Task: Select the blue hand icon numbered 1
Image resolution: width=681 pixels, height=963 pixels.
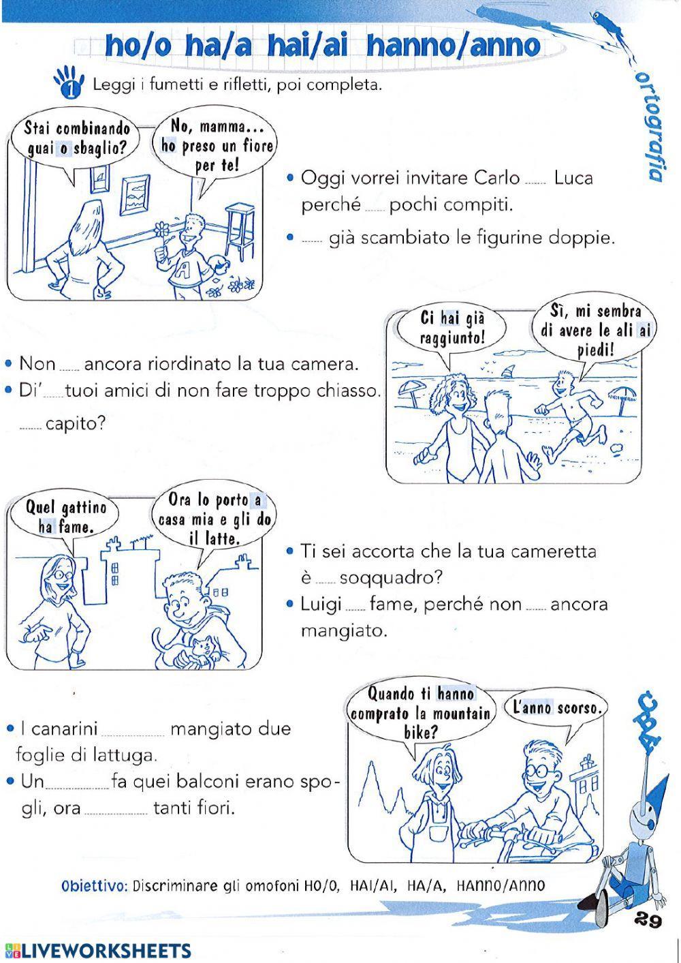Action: click(69, 82)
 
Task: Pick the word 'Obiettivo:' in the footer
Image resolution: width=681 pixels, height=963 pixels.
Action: click(94, 887)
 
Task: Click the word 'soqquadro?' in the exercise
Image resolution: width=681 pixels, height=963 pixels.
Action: click(390, 577)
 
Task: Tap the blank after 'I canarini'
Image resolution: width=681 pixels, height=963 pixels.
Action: click(135, 732)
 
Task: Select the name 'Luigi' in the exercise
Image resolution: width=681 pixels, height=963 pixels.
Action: click(321, 604)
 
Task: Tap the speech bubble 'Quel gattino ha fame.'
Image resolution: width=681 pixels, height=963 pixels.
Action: click(66, 517)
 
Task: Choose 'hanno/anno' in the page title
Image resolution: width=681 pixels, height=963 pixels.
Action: click(454, 46)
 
